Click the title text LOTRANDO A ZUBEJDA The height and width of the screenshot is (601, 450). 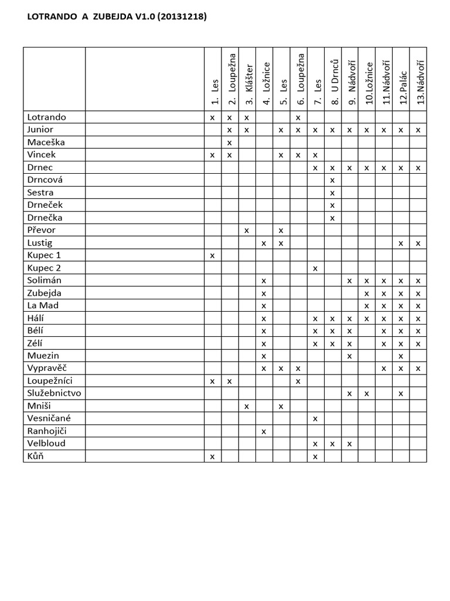coord(117,17)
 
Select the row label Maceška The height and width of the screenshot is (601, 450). coord(46,142)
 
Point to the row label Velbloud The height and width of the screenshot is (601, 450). coord(46,443)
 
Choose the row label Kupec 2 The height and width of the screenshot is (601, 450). coord(44,268)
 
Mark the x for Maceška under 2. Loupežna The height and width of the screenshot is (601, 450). coord(230,143)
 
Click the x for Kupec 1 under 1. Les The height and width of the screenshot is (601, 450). coord(212,256)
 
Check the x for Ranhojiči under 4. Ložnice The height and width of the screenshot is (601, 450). coord(264,431)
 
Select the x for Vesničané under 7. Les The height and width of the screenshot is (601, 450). coord(315,418)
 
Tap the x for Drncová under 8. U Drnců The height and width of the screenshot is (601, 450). coord(332,180)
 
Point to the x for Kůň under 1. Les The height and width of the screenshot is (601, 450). coord(212,456)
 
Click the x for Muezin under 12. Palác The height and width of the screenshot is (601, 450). coord(401,356)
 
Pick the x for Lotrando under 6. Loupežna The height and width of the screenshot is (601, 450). coord(298,117)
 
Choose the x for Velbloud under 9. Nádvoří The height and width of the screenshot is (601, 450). coord(349,444)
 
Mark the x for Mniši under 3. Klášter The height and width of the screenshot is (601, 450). coord(247,406)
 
